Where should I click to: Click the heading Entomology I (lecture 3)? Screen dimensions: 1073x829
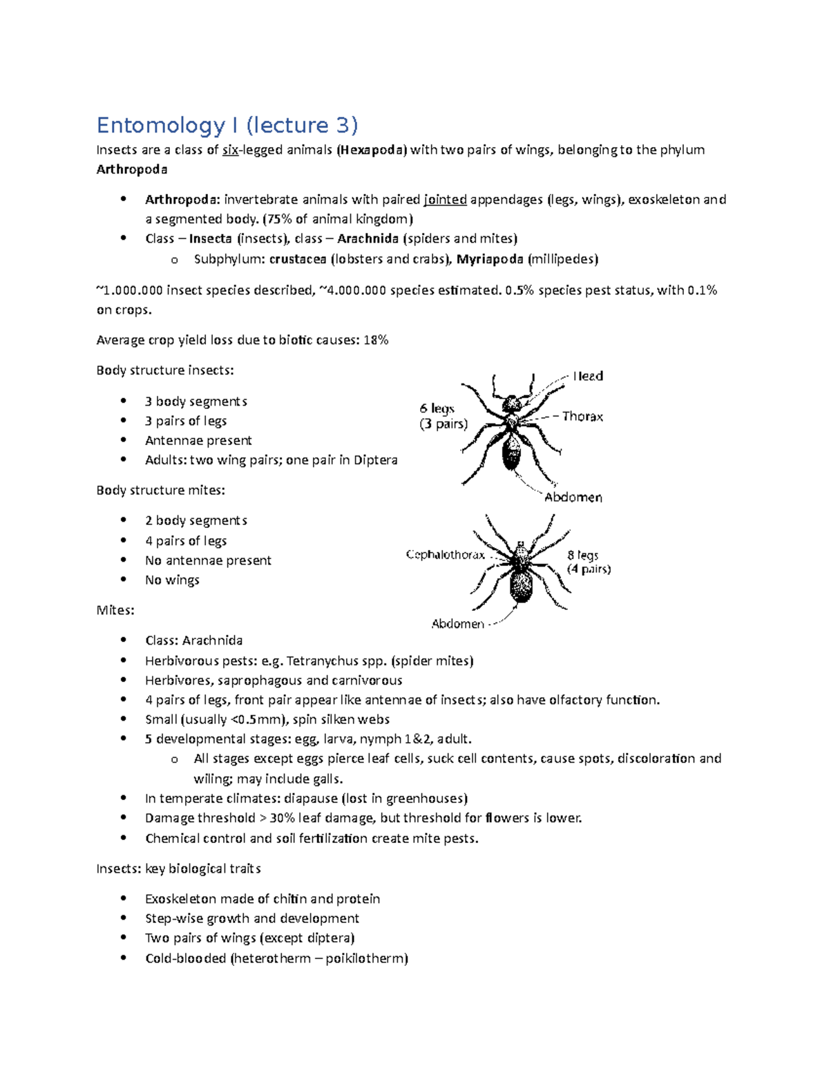point(227,125)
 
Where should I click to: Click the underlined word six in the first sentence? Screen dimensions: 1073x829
point(230,150)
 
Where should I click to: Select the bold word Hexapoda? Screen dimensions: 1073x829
point(372,150)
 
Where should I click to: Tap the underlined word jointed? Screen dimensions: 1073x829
point(445,200)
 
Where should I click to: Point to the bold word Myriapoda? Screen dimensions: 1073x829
point(490,259)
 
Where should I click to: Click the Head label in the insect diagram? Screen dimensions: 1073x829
point(588,376)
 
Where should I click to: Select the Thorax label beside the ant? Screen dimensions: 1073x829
point(582,416)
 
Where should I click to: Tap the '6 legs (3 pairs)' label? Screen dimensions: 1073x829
point(443,416)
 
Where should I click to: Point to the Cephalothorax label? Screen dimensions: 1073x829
point(445,555)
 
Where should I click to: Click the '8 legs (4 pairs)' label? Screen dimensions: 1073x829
point(589,562)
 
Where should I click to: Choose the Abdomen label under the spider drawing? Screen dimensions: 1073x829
point(457,624)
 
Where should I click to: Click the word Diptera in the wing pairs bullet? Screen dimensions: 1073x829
point(375,460)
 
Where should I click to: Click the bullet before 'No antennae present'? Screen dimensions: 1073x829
point(124,560)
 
